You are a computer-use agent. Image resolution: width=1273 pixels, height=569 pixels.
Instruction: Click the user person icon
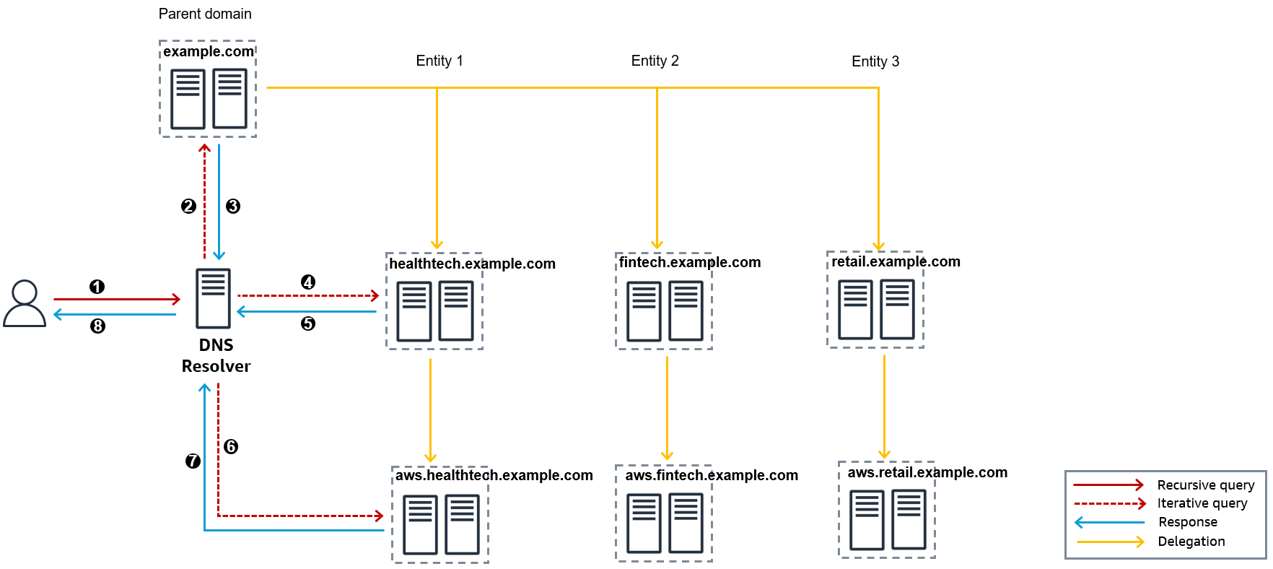click(25, 303)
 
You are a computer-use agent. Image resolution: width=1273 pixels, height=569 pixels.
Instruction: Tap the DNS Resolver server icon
click(213, 298)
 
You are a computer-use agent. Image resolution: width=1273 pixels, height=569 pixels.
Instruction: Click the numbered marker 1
click(97, 287)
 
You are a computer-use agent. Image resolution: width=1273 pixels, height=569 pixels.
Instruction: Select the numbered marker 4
click(308, 282)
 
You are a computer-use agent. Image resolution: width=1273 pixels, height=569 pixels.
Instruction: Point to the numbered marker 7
click(193, 461)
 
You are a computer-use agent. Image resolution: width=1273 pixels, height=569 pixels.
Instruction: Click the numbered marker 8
click(97, 326)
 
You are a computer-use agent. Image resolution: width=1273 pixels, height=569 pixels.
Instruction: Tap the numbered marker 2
click(188, 206)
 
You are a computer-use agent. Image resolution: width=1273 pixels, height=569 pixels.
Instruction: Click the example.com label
click(208, 51)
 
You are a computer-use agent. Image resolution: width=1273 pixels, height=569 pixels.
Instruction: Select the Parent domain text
click(205, 14)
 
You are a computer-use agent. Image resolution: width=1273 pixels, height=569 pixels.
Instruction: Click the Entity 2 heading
click(655, 61)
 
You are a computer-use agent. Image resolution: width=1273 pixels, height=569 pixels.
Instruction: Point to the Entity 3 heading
click(875, 61)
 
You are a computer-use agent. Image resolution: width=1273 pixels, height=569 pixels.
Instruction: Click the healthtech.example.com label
click(472, 264)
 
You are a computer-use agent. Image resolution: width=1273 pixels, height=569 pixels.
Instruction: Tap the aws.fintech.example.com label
click(711, 475)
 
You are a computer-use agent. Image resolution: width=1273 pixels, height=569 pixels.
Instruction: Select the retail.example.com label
click(895, 261)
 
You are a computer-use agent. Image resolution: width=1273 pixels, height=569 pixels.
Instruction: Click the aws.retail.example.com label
click(927, 472)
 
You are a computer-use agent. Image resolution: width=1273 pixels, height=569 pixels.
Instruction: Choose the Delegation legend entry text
click(1191, 542)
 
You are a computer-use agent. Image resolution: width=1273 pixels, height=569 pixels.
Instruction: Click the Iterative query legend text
click(1202, 503)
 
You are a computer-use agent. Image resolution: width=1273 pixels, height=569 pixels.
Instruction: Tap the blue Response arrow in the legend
click(1109, 522)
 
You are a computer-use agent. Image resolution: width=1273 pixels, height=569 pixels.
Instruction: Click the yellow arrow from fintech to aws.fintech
click(667, 408)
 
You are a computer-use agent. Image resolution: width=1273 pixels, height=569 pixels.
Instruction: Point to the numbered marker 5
click(308, 323)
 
